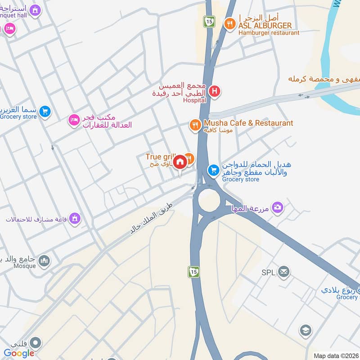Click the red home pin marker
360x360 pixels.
point(180,162)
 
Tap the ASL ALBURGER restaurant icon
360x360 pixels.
point(230,23)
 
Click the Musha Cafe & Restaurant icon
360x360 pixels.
point(195,125)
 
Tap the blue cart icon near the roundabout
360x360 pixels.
point(213,170)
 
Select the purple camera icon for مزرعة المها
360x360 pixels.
point(278,207)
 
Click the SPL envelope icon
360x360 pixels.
point(283,271)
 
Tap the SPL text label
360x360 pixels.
point(268,272)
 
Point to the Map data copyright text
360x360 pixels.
point(336,356)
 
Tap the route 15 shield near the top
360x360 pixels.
point(209,21)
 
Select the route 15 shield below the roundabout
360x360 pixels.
point(194,272)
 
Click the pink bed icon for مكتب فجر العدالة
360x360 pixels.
point(73,120)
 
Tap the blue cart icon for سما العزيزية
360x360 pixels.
point(45,111)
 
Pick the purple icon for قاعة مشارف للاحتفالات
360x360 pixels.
point(74,219)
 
